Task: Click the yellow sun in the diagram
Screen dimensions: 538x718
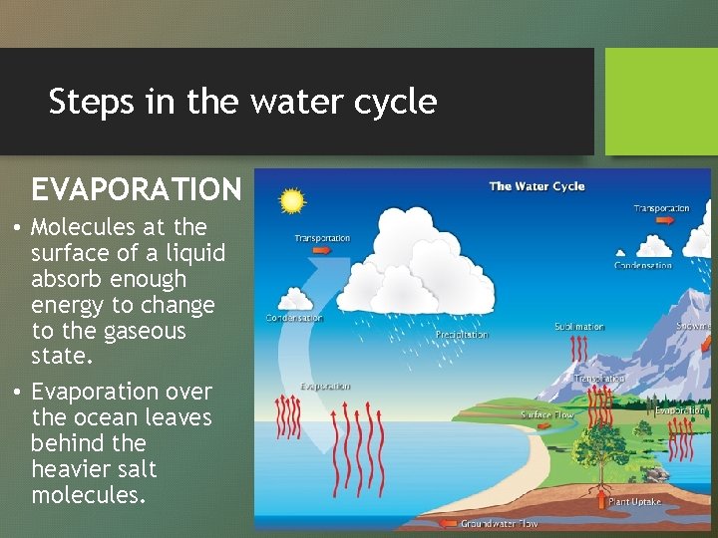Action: pos(291,201)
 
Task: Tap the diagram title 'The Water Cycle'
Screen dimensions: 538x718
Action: pos(537,186)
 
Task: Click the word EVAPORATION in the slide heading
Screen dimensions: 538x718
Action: pos(137,189)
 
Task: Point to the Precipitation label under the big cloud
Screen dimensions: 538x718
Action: pos(462,335)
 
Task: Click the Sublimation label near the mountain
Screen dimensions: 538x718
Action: pos(579,327)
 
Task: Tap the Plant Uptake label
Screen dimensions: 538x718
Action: pos(634,502)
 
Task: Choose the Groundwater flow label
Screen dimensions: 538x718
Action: pos(499,523)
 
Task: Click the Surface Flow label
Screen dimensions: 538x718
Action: pos(547,414)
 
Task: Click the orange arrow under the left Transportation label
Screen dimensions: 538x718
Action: pos(322,251)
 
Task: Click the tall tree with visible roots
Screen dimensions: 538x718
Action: pos(599,438)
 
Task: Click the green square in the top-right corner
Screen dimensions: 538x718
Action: pos(661,102)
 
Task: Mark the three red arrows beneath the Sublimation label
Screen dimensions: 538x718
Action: pos(579,349)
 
